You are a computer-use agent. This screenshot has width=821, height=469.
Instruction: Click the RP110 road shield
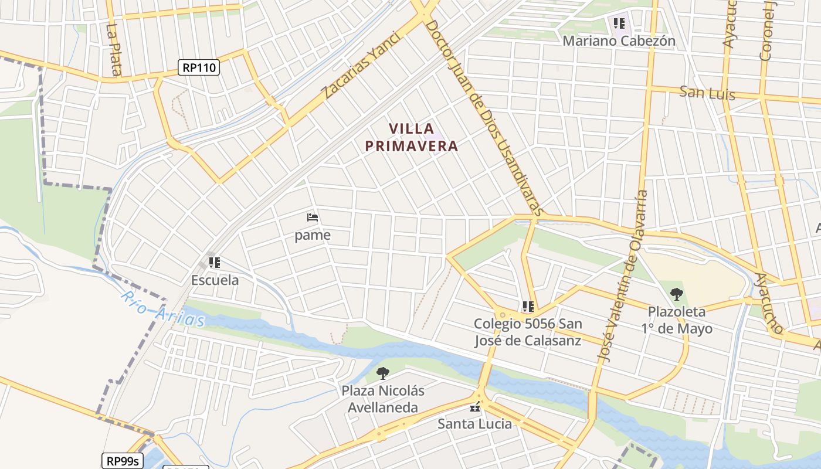(x=199, y=67)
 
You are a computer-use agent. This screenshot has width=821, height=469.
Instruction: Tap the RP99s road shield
(x=123, y=461)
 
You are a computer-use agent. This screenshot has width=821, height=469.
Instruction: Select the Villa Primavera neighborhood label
(x=412, y=137)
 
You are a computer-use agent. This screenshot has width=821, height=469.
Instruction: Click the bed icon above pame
(x=313, y=218)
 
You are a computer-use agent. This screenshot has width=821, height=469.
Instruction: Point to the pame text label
(x=313, y=235)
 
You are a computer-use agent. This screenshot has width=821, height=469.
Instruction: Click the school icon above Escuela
(x=214, y=262)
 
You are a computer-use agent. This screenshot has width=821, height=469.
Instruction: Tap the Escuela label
(x=215, y=280)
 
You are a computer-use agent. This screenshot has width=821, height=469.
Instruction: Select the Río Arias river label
(x=162, y=308)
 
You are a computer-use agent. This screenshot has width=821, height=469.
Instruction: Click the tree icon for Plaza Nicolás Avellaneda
(x=383, y=373)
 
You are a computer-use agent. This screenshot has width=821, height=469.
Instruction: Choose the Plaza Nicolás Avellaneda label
(x=383, y=399)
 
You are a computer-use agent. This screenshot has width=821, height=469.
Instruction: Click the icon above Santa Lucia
(x=475, y=407)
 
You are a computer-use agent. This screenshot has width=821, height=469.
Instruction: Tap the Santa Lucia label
(x=475, y=423)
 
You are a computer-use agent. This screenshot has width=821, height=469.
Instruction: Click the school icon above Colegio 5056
(x=528, y=306)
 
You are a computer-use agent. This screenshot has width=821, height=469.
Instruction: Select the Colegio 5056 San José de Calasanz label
(x=528, y=332)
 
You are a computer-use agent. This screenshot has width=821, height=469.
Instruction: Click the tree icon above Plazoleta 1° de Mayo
(x=677, y=294)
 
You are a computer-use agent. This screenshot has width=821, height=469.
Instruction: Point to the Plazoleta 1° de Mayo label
(x=677, y=320)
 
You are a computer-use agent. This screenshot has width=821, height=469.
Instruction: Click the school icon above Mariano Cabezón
(x=619, y=23)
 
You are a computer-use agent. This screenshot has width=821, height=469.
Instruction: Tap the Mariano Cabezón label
(x=619, y=41)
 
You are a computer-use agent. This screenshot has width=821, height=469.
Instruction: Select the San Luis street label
(x=707, y=93)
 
